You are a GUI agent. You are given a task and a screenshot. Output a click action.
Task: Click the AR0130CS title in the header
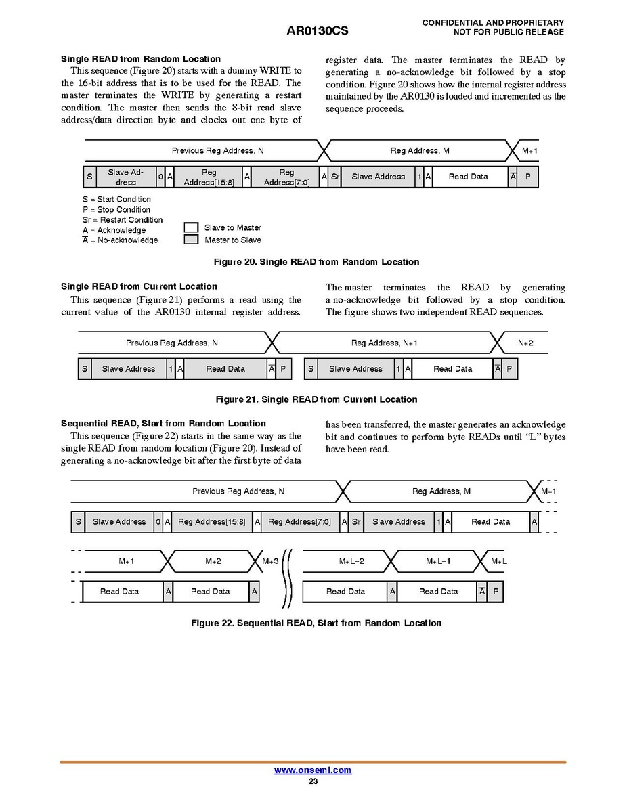(x=318, y=32)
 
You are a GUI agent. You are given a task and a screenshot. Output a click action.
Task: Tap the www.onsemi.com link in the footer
(x=313, y=770)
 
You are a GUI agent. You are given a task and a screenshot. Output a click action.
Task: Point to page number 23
(x=313, y=781)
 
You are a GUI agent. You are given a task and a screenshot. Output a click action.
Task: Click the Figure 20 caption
(x=316, y=262)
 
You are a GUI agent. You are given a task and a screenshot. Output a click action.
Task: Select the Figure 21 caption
(x=316, y=399)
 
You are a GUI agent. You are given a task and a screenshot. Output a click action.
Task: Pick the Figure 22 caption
(x=316, y=623)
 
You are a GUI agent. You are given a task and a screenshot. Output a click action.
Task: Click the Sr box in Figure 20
(x=334, y=177)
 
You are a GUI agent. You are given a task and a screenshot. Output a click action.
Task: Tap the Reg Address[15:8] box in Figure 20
(x=209, y=177)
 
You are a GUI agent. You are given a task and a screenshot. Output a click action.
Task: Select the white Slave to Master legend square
(x=192, y=227)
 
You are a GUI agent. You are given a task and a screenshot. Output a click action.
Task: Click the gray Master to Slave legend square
(x=192, y=240)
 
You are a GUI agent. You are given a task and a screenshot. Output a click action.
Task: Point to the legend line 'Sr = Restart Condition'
(x=123, y=220)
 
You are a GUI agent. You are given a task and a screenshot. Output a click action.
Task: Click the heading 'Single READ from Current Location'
(x=139, y=286)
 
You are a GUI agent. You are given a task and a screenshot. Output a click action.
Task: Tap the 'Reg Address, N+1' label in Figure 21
(x=384, y=343)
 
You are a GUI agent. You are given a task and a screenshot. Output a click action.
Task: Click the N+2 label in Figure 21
(x=525, y=343)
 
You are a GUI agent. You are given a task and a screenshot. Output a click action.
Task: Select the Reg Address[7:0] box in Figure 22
(x=299, y=522)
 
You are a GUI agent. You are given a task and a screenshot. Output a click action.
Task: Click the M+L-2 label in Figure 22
(x=351, y=561)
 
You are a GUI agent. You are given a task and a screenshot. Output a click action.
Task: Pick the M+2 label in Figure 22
(x=213, y=561)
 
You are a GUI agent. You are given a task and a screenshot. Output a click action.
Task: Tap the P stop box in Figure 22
(x=496, y=592)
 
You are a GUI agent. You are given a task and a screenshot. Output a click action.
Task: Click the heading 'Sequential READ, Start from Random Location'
(x=163, y=424)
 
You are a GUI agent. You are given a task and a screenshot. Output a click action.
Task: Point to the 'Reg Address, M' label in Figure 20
(x=420, y=151)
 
